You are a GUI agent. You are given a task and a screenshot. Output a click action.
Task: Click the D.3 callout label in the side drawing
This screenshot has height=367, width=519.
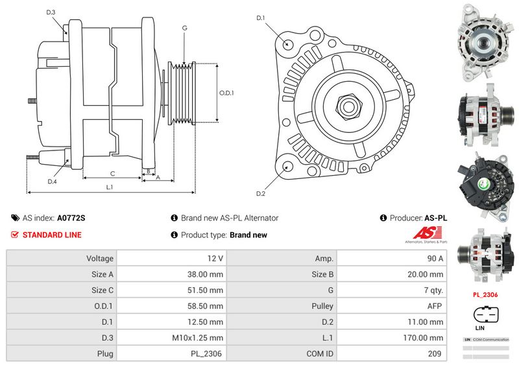point(51,13)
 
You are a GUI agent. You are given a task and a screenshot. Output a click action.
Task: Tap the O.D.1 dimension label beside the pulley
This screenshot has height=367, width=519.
point(226,93)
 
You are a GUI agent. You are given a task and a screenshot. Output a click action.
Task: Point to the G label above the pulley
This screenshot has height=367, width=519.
point(185,28)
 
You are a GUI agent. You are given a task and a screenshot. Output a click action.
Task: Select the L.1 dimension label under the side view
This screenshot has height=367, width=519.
point(110,187)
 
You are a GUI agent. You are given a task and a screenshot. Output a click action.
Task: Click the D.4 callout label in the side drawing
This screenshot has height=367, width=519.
point(52,182)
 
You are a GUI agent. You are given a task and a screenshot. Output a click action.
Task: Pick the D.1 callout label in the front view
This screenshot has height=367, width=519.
point(261,18)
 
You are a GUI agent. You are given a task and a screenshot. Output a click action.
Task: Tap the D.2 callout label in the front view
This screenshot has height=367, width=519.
point(261,194)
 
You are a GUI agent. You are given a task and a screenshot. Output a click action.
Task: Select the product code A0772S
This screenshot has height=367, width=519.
point(71,219)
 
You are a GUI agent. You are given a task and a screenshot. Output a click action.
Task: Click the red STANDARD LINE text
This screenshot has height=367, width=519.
point(52,235)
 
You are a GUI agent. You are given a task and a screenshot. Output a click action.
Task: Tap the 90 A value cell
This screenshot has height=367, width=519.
point(434,258)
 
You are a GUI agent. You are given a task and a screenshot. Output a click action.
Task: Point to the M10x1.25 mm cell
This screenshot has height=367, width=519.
point(199,338)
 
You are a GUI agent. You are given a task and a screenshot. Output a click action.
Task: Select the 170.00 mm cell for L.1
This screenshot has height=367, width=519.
point(428,338)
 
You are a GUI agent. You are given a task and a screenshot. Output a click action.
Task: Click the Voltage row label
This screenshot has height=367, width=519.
point(100,258)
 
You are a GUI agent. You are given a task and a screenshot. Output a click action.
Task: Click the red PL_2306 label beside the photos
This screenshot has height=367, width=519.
point(485,294)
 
